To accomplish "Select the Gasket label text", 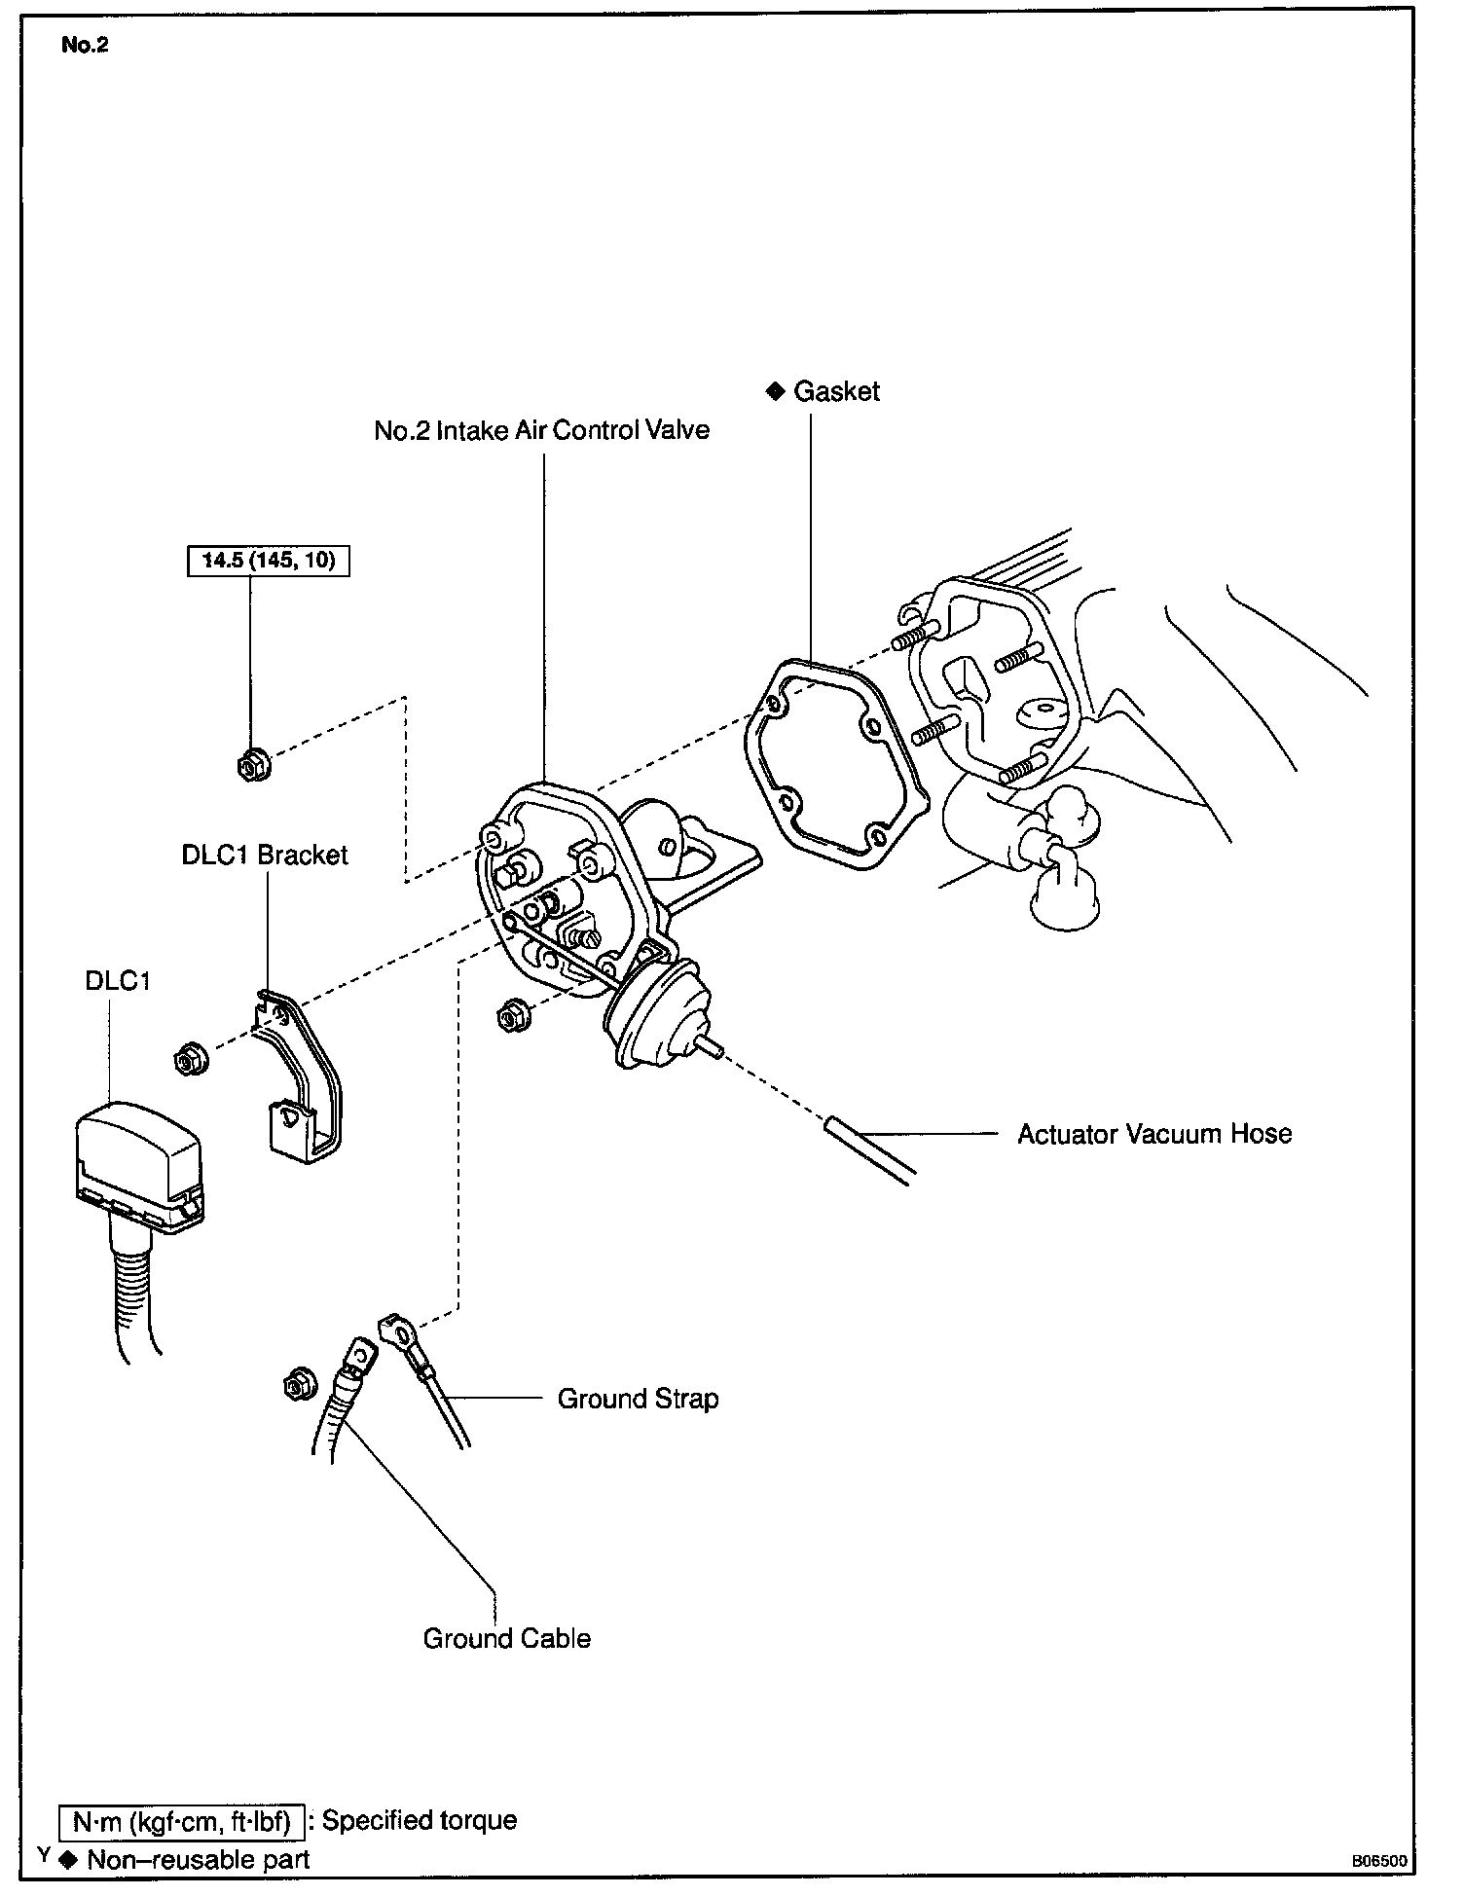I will coord(836,391).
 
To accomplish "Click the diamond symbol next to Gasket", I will coord(775,391).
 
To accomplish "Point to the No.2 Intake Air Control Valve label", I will coord(541,430).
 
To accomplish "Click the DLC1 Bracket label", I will coord(265,855).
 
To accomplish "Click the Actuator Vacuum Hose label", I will coord(1154,1134).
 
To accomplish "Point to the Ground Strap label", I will coord(638,1399).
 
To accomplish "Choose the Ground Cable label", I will coord(506,1638).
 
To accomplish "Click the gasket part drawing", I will coord(836,764).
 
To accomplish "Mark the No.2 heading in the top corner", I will coord(85,46).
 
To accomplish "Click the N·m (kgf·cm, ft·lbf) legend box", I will coord(182,1820).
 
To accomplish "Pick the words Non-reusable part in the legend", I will coord(199,1860).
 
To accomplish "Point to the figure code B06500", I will coord(1378,1860).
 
